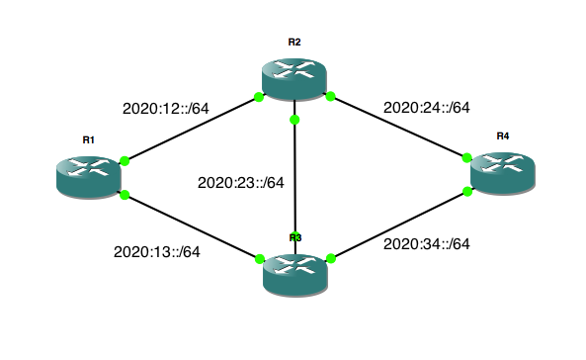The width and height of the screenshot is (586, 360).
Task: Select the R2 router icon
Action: tap(294, 77)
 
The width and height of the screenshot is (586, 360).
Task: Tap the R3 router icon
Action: tap(294, 273)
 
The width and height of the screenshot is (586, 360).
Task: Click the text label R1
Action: tap(88, 139)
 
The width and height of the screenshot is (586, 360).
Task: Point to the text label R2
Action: tap(294, 42)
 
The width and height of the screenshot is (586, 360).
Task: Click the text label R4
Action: tap(503, 135)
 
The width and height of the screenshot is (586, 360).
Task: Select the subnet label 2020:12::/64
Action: tap(164, 107)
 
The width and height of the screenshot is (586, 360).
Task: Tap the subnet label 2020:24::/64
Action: tap(425, 107)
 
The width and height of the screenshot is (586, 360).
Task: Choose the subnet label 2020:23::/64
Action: tap(241, 182)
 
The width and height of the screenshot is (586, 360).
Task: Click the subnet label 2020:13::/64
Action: tap(157, 251)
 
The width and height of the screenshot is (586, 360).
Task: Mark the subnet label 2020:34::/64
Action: tap(425, 243)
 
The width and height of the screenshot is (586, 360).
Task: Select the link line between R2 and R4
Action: tap(398, 127)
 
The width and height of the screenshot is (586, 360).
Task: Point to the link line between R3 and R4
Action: tap(398, 225)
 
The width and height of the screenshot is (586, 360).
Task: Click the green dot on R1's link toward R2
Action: tap(125, 160)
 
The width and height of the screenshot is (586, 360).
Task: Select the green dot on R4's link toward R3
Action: tap(466, 191)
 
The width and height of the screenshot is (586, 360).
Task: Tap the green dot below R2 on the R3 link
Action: tap(294, 120)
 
